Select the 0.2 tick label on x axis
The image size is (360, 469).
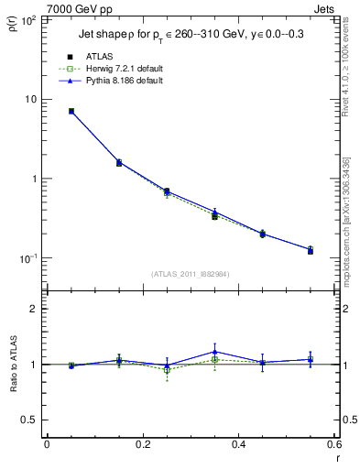pos(142,446)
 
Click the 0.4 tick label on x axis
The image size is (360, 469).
pos(238,446)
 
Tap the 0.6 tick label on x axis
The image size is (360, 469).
pos(333,446)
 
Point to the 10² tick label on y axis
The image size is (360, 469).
pos(27,19)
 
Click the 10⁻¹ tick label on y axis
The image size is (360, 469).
pos(27,258)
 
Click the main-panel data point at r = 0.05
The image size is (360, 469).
pos(71,111)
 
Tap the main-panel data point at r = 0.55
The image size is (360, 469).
pos(311,250)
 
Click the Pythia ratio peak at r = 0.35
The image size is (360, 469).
pos(215,352)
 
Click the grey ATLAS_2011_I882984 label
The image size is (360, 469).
pos(191,275)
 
